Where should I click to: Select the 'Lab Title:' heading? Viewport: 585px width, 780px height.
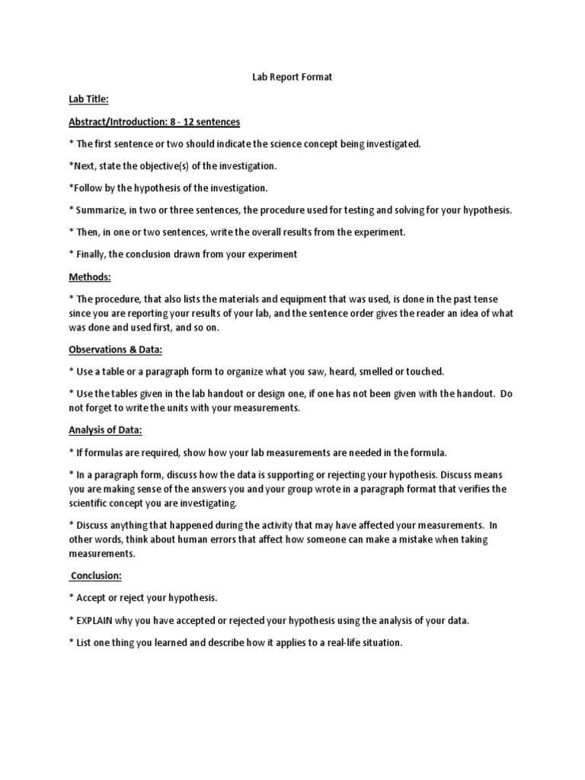pyautogui.click(x=88, y=99)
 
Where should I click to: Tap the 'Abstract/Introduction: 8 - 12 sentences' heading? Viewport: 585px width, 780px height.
pyautogui.click(x=155, y=122)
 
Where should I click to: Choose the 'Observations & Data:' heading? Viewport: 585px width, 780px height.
pyautogui.click(x=116, y=349)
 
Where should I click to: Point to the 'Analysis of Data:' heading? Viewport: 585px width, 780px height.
pyautogui.click(x=105, y=430)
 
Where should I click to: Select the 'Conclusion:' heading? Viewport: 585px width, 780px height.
pyautogui.click(x=97, y=576)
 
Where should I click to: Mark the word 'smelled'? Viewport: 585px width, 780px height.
pyautogui.click(x=363, y=372)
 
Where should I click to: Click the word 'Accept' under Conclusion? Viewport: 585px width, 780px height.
pyautogui.click(x=91, y=598)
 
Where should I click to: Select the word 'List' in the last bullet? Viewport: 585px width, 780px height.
pyautogui.click(x=85, y=643)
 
